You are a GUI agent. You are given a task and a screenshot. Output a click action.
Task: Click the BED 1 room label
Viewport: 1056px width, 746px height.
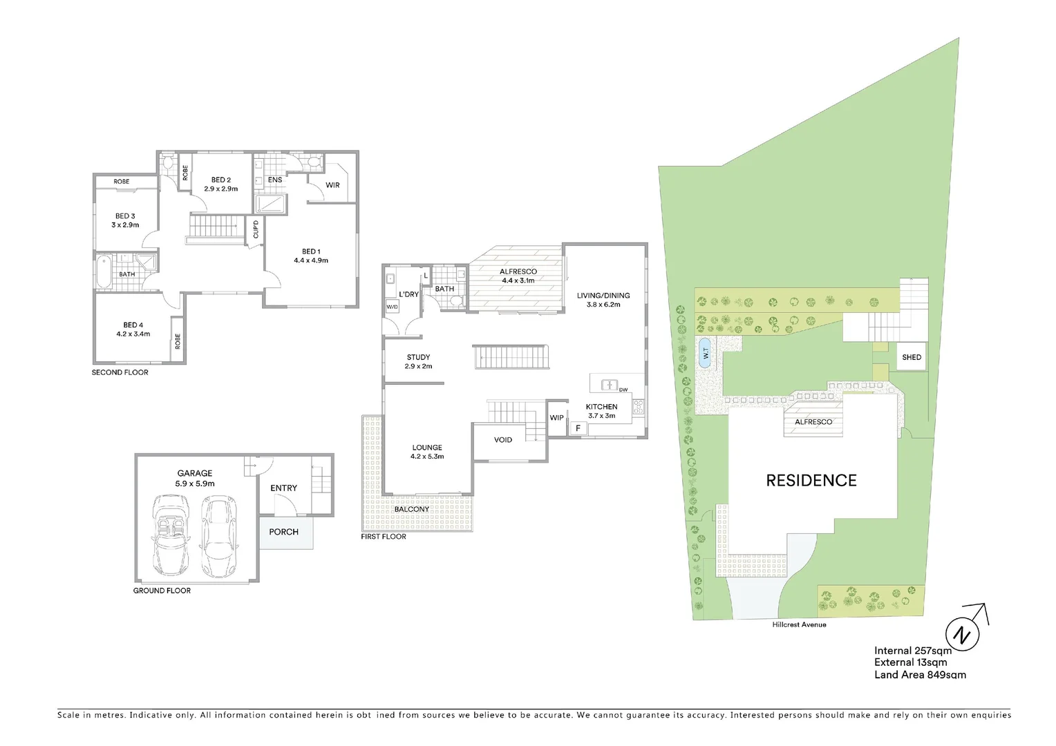[311, 251]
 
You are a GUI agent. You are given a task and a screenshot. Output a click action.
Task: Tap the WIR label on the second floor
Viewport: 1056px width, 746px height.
[332, 185]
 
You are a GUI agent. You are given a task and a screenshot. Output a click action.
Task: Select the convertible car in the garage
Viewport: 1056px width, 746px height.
[171, 535]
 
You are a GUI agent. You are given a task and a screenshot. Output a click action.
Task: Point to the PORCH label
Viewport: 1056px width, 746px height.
[284, 532]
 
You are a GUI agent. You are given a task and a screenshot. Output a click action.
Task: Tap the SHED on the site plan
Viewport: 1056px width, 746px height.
[912, 357]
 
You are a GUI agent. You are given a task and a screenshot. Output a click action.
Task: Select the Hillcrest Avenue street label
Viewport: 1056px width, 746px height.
[799, 624]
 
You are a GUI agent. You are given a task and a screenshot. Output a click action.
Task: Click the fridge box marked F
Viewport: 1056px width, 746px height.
[578, 428]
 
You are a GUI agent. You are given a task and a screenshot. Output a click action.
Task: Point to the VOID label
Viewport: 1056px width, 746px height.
[503, 440]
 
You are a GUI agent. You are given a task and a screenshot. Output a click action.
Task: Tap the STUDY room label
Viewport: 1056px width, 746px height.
[418, 357]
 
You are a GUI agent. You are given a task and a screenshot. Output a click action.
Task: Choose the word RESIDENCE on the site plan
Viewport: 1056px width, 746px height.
[811, 481]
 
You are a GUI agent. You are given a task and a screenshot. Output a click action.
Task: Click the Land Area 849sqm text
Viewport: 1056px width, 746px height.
[921, 674]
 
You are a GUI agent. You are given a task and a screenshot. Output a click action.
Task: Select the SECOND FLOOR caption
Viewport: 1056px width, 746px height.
[120, 372]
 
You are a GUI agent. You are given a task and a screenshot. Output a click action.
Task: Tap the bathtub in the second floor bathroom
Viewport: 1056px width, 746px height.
[104, 272]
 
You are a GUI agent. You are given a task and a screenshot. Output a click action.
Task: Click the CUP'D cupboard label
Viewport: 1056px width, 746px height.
[256, 229]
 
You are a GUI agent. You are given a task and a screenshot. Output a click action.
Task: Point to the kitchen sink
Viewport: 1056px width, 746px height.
[610, 385]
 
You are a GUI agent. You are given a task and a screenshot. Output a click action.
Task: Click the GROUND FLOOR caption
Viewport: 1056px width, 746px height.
[162, 591]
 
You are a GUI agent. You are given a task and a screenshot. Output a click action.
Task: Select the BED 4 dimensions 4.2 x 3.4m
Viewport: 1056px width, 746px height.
[133, 334]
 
